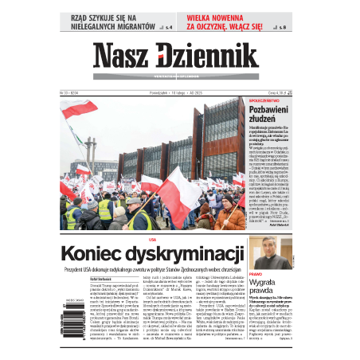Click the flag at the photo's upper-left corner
point(78,109)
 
